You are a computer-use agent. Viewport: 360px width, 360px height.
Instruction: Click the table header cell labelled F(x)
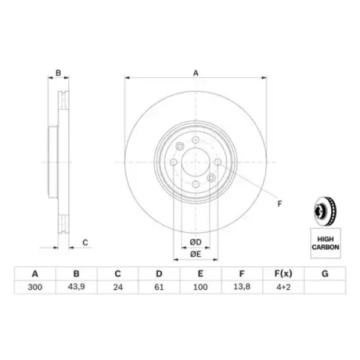[284, 274]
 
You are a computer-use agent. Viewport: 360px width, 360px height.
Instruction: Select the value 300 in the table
[35, 287]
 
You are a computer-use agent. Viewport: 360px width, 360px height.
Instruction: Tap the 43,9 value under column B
[76, 287]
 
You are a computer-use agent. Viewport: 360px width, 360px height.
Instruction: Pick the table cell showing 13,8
[242, 287]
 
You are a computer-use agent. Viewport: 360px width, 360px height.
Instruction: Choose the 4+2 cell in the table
[284, 287]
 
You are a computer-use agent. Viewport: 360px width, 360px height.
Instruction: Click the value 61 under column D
[159, 287]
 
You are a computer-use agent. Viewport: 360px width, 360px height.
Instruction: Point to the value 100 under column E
[200, 287]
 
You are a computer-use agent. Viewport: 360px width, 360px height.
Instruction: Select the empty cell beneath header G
[325, 287]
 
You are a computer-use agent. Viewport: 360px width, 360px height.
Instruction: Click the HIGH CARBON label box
[326, 243]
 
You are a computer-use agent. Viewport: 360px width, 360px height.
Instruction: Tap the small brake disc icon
[325, 211]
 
